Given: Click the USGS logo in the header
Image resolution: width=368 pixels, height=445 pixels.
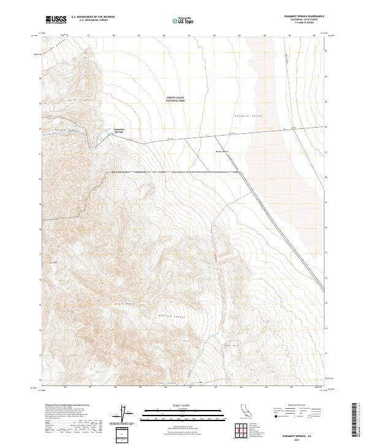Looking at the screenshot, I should pyautogui.click(x=56, y=20).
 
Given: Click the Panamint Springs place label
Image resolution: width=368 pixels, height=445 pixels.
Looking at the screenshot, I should pyautogui.click(x=120, y=131).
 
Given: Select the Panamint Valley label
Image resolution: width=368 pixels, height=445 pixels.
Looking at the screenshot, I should pyautogui.click(x=248, y=115).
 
